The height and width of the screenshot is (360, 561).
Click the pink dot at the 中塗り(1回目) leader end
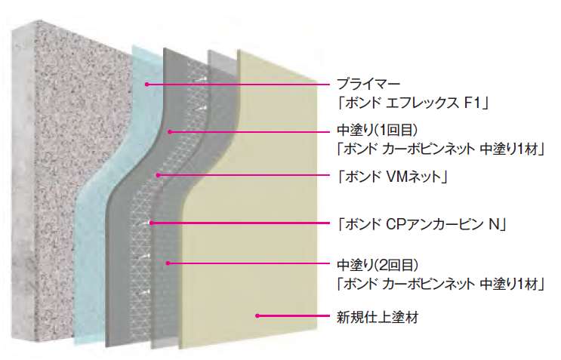click(172, 132)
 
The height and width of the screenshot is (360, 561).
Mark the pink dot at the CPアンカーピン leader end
click(152, 223)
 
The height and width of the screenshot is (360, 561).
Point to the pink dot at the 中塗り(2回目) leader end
click(169, 263)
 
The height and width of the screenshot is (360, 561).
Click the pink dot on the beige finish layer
click(258, 316)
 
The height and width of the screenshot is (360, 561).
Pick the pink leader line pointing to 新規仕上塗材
click(294, 316)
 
